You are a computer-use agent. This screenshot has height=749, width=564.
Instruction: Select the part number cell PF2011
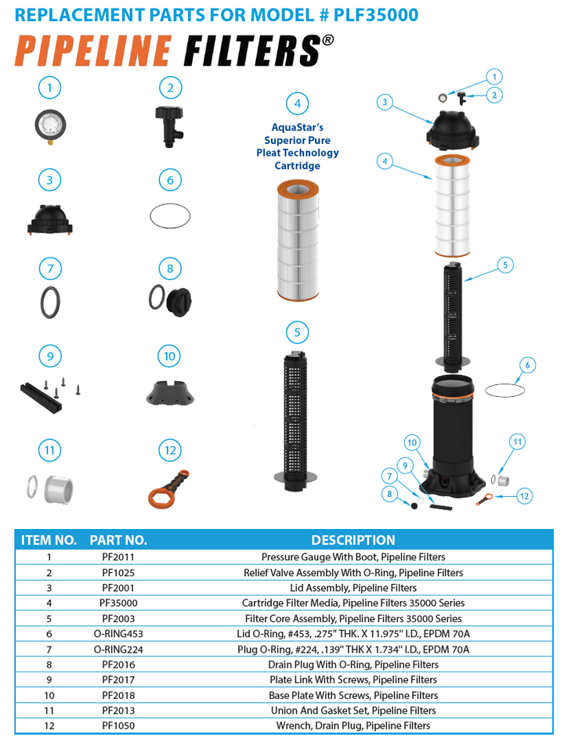[x=117, y=557]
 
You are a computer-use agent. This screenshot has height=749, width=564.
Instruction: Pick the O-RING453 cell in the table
[x=118, y=634]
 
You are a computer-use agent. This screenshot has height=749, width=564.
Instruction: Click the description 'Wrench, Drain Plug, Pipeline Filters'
[x=352, y=726]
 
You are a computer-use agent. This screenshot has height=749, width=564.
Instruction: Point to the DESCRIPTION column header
[x=352, y=540]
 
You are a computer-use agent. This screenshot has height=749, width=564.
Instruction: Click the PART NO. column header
[x=118, y=540]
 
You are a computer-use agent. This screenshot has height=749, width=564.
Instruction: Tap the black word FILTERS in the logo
[x=251, y=51]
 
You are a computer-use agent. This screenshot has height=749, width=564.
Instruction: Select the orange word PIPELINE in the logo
[x=92, y=51]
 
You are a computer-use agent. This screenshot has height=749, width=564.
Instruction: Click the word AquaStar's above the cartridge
[x=297, y=128]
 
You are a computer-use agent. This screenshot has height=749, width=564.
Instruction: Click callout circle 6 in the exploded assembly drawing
[x=527, y=365]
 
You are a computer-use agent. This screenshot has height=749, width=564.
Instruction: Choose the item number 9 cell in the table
[x=49, y=680]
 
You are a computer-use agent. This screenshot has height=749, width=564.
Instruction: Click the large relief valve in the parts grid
[x=171, y=126]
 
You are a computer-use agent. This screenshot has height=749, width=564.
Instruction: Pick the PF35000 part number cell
[x=118, y=603]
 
